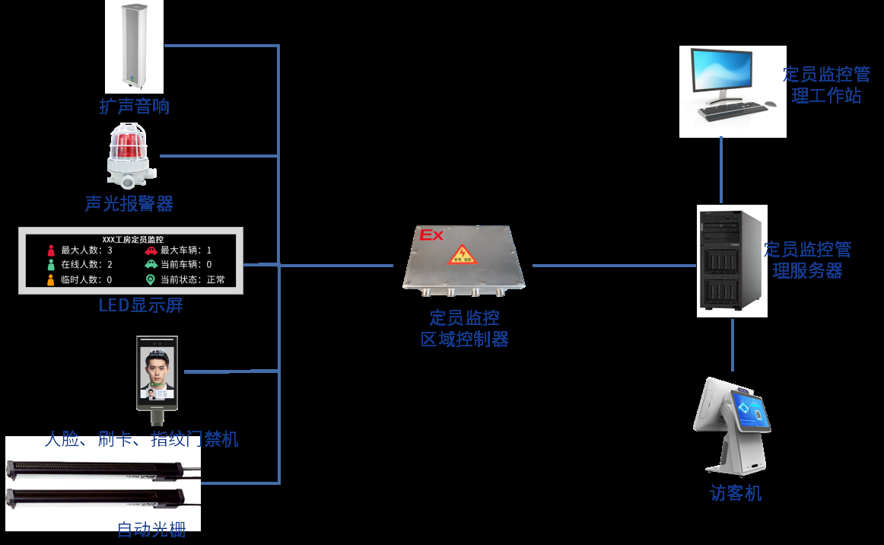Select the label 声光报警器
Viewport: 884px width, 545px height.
(x=129, y=204)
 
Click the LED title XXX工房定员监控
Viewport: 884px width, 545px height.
(x=132, y=239)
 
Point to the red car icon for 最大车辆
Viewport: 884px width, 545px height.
(x=151, y=250)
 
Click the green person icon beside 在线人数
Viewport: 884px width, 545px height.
(x=51, y=264)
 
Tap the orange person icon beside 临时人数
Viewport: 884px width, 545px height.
(x=51, y=279)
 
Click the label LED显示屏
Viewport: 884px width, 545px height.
(x=141, y=306)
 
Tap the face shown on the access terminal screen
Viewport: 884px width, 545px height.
(x=156, y=371)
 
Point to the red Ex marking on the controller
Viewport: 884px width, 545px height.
(x=431, y=235)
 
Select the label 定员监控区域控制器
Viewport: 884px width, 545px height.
(x=464, y=329)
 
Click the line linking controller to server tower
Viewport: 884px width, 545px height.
(x=613, y=266)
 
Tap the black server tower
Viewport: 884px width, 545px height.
(x=732, y=260)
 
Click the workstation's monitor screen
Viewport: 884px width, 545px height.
(x=720, y=73)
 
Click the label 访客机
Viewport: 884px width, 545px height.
(x=736, y=493)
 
